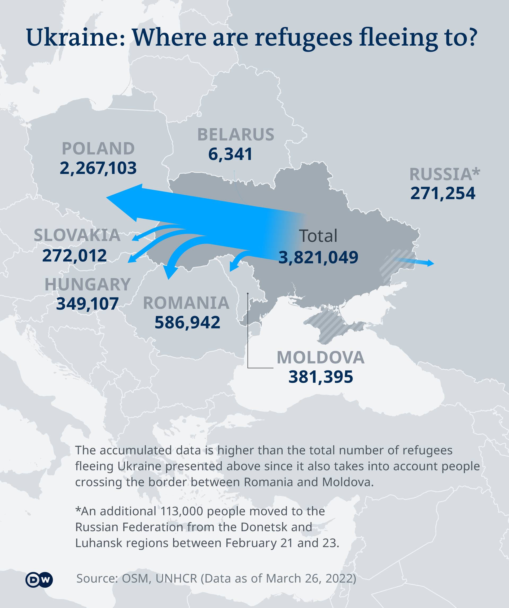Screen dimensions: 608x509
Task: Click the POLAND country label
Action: (98, 148)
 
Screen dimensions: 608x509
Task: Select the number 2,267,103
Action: (98, 168)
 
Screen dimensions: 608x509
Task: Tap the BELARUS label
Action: (236, 135)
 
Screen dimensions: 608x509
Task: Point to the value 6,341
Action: (230, 154)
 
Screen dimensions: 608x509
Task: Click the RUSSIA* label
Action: (444, 174)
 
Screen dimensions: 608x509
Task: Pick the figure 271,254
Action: (443, 193)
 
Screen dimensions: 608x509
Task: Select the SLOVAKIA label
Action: (77, 235)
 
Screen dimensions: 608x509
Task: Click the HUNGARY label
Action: (88, 285)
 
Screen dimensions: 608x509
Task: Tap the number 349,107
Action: (87, 304)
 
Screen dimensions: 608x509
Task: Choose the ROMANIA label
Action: (186, 303)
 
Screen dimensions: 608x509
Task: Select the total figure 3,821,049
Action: (318, 257)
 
